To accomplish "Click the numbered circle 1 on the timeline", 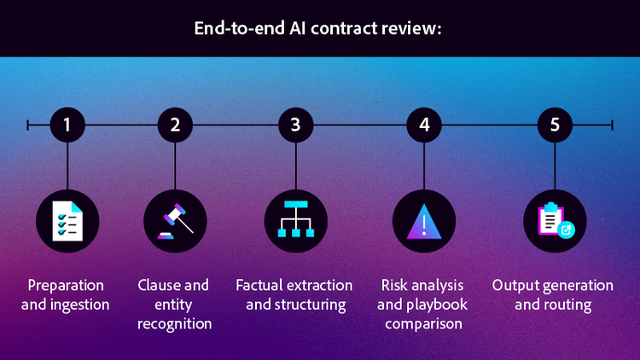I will (67, 125).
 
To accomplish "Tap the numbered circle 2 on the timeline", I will (175, 125).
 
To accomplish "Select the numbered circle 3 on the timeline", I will (295, 125).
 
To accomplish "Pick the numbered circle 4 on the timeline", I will (424, 125).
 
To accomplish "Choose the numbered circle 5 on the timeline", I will (555, 125).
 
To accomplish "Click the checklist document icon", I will (67, 221).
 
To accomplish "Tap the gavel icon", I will (175, 221).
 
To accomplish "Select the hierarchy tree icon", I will (295, 221).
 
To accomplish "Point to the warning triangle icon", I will (424, 221).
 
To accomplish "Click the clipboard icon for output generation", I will (555, 221).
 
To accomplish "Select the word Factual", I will (259, 285).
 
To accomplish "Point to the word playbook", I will (440, 305).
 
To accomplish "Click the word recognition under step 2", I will (174, 324).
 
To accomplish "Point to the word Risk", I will (394, 285).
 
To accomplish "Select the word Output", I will (515, 285).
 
